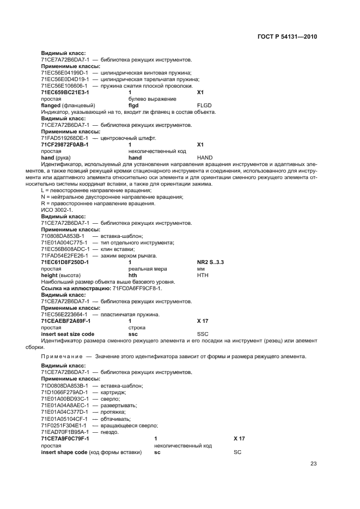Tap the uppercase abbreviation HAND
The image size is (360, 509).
[205, 157]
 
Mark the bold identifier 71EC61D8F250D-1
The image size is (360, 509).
[65, 262]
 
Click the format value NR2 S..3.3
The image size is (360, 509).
[210, 262]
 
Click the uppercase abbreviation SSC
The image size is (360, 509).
[202, 334]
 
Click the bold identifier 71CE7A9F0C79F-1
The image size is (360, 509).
[65, 438]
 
